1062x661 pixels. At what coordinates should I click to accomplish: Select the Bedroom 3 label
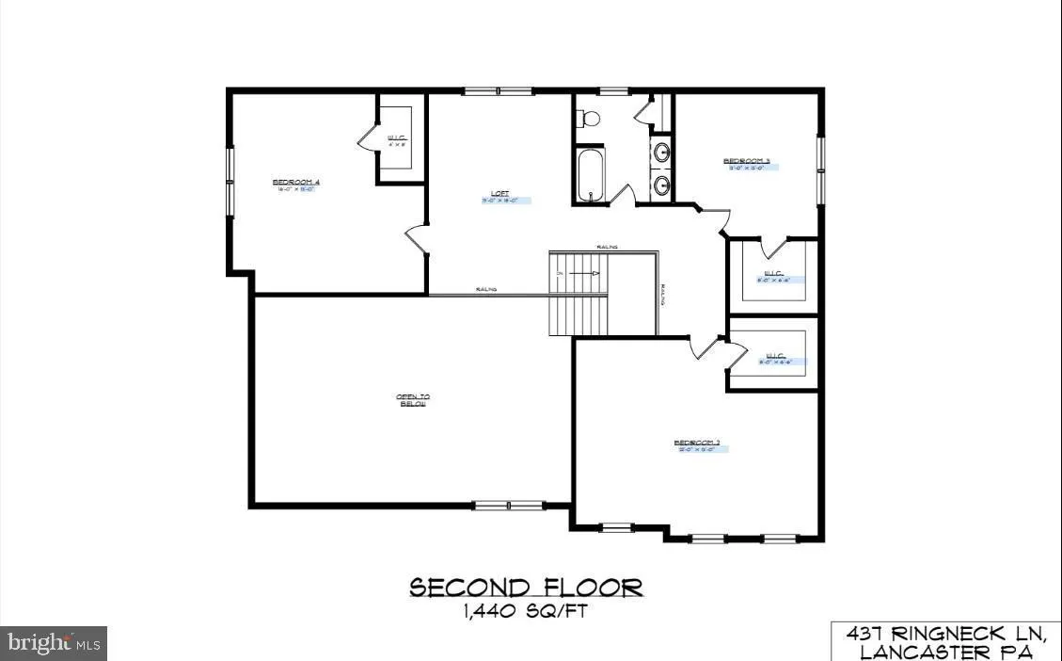coord(747,161)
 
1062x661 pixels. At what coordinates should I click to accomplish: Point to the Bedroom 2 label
coord(697,443)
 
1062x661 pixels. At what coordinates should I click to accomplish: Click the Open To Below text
coord(412,400)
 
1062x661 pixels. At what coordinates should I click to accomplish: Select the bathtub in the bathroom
coord(592,175)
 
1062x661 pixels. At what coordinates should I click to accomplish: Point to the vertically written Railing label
coord(663,296)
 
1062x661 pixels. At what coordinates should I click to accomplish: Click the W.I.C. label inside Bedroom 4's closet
coord(396,139)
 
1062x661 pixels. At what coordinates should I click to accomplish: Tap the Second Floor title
coord(527,588)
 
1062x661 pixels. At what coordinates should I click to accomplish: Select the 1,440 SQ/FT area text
coord(527,611)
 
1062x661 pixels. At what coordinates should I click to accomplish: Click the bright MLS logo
coord(54,644)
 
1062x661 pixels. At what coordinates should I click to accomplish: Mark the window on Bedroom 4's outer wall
coord(229,182)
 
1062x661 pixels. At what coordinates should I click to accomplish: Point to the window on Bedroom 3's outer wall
coord(820,170)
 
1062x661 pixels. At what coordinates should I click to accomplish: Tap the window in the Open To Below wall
coord(509,506)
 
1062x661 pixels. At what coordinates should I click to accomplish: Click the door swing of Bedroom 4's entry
coord(416,240)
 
